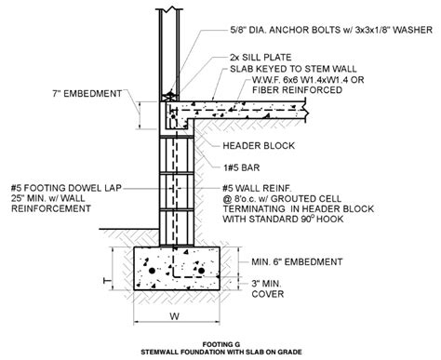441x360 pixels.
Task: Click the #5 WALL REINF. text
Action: [266, 185]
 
